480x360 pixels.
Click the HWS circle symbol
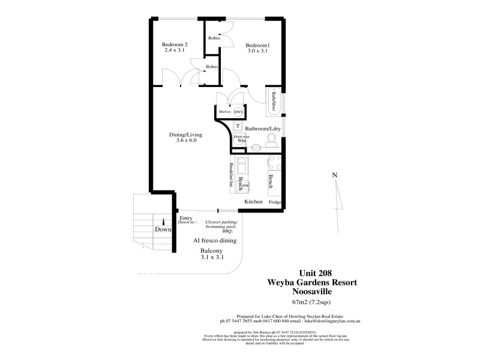[x=238, y=112]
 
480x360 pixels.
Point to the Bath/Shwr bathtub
[x=274, y=101]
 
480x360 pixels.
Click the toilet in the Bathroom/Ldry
[x=271, y=140]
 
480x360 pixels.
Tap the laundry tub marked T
[x=238, y=127]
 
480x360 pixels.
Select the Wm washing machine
[x=241, y=140]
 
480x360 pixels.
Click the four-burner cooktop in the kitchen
[x=275, y=163]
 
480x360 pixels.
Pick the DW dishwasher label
[x=245, y=186]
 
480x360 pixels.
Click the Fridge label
[x=275, y=202]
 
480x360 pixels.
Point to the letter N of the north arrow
[x=335, y=175]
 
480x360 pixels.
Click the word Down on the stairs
[x=163, y=229]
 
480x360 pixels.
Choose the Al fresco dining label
[x=214, y=240]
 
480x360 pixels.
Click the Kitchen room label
[x=253, y=202]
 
